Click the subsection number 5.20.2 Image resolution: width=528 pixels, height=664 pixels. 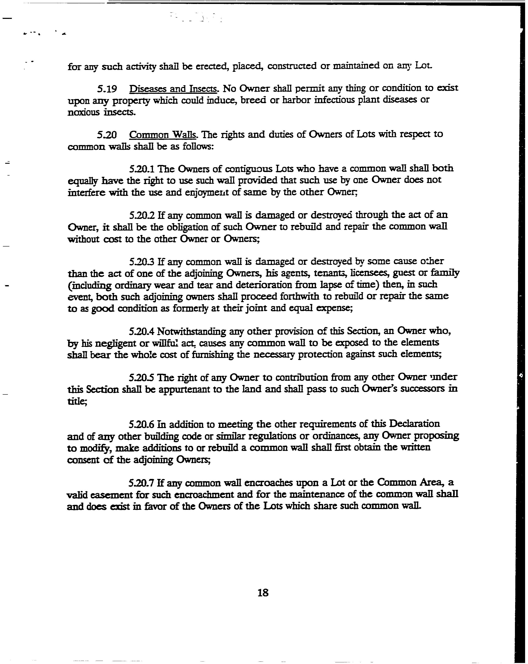[142, 215]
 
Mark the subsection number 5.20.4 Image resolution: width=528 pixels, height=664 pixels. [142, 331]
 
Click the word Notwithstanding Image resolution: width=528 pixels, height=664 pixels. [192, 331]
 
